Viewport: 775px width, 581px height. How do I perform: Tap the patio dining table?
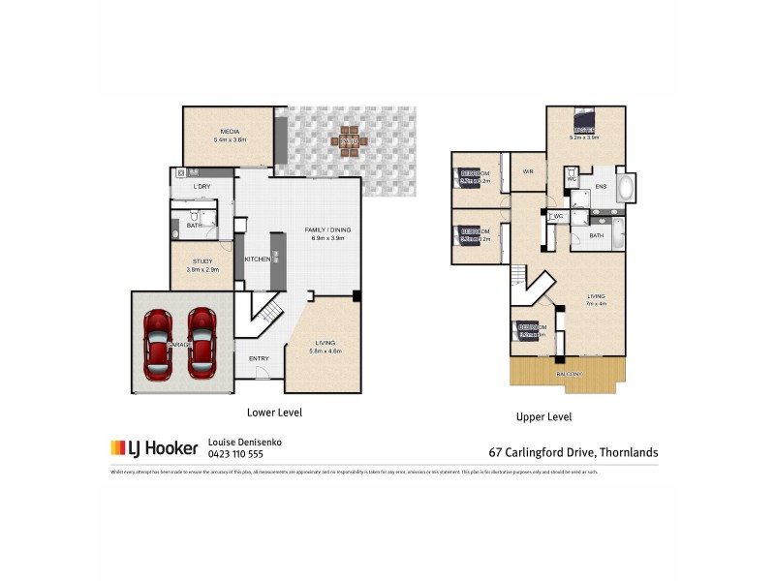tap(349, 141)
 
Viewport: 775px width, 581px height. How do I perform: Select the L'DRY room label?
tap(201, 186)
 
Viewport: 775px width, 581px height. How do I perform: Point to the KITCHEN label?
tap(257, 259)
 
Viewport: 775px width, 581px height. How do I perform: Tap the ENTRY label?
tap(259, 359)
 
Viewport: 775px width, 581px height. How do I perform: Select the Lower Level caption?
tap(275, 412)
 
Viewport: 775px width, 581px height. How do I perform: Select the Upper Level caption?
tap(544, 417)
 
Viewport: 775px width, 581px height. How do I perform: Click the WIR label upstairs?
tap(528, 171)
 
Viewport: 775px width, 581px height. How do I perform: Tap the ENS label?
tap(600, 186)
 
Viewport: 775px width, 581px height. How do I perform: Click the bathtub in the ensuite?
tap(625, 187)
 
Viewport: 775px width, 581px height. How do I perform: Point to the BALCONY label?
tap(569, 374)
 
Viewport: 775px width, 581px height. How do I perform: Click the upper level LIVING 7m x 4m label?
tap(595, 301)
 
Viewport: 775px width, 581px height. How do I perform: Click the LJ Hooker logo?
tap(154, 447)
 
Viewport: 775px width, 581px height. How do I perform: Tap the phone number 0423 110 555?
tap(235, 453)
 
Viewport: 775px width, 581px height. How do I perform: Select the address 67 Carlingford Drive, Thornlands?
tap(573, 451)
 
